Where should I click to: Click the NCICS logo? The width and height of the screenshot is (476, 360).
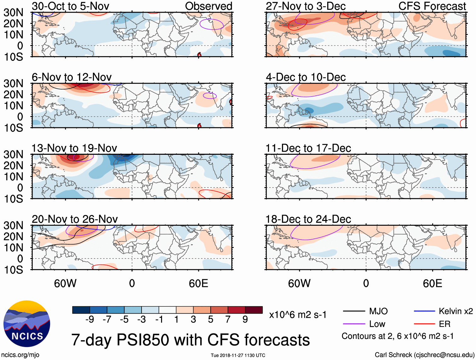pyautogui.click(x=27, y=324)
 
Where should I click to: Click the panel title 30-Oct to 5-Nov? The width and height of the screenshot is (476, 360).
pyautogui.click(x=70, y=6)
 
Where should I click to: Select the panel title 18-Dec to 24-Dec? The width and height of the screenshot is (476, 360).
pyautogui.click(x=308, y=219)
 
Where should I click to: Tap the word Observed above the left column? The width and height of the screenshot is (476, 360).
pyautogui.click(x=208, y=6)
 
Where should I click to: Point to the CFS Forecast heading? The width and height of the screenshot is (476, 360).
pyautogui.click(x=432, y=6)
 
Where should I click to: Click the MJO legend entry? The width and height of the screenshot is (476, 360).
pyautogui.click(x=378, y=311)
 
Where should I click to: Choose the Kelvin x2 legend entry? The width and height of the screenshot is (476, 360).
pyautogui.click(x=456, y=311)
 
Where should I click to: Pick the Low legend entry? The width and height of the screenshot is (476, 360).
pyautogui.click(x=377, y=324)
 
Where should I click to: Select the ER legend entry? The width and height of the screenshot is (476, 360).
pyautogui.click(x=444, y=324)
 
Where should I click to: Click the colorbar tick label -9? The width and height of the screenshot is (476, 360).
pyautogui.click(x=90, y=320)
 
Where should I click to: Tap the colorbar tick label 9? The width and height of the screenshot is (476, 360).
pyautogui.click(x=245, y=320)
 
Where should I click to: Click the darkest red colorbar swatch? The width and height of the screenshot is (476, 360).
pyautogui.click(x=254, y=310)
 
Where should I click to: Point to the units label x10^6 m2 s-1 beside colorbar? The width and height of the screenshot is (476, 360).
pyautogui.click(x=298, y=315)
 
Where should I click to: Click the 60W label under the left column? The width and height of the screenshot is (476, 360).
pyautogui.click(x=65, y=283)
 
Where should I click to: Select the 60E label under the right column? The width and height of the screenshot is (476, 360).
pyautogui.click(x=432, y=283)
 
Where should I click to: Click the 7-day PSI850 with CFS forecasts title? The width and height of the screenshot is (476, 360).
pyautogui.click(x=190, y=340)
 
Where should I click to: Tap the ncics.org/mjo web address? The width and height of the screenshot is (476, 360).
pyautogui.click(x=20, y=355)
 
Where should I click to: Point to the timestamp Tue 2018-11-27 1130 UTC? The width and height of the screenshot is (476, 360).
pyautogui.click(x=238, y=356)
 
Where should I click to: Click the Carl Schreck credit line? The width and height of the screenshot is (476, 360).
pyautogui.click(x=424, y=355)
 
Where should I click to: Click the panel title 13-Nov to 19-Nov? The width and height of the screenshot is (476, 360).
pyautogui.click(x=74, y=148)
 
